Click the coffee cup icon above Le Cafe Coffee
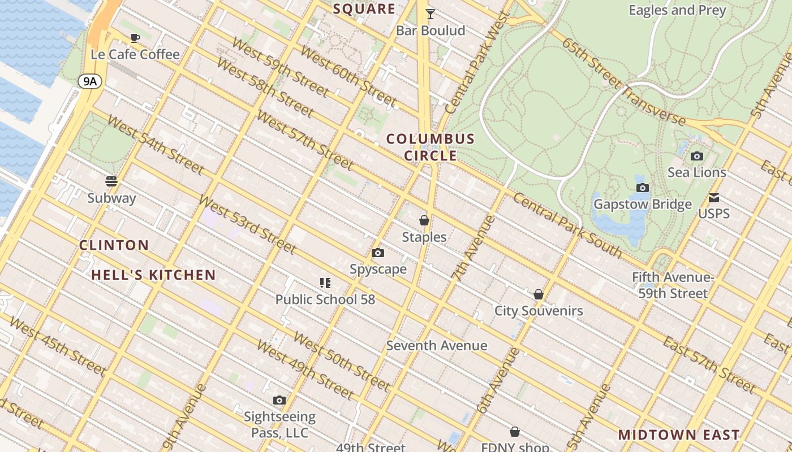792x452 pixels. (135, 38)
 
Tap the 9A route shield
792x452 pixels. (90, 81)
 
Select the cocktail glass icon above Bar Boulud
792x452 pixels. (431, 14)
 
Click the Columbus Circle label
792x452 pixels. (431, 147)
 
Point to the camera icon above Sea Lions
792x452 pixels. (697, 156)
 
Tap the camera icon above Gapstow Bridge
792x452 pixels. (642, 188)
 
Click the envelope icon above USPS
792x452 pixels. (714, 198)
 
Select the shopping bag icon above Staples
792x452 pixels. (424, 220)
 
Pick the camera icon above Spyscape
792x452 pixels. (378, 253)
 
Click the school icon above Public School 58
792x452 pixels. (325, 282)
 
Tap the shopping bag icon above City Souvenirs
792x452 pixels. (539, 294)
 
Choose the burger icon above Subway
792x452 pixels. (111, 181)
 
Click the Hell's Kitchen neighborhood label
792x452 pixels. (154, 275)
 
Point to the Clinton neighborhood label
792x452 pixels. (114, 245)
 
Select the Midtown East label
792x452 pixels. (679, 434)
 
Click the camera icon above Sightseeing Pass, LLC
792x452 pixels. (279, 400)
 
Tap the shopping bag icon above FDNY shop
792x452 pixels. (515, 432)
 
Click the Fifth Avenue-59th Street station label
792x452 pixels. (673, 285)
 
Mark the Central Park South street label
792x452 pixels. (567, 225)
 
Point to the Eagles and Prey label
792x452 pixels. (677, 10)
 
